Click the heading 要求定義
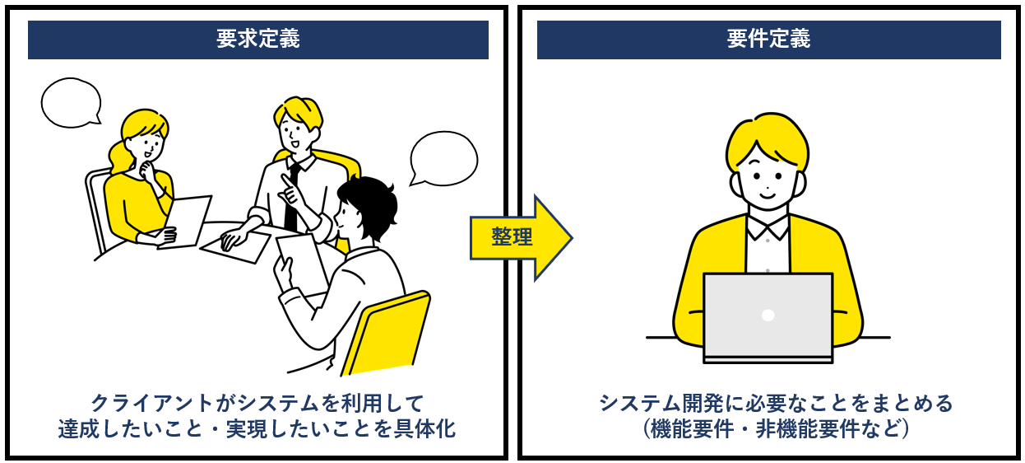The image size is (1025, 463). point(258,39)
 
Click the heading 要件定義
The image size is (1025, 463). point(768,39)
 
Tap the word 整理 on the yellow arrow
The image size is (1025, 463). point(512,237)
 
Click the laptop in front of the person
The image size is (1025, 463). point(768,318)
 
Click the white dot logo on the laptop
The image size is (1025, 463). point(768,316)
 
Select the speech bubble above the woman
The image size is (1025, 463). point(71,103)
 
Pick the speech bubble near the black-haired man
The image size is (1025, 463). point(443,159)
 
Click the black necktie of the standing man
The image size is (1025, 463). point(292,197)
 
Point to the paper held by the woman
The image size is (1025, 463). point(185,222)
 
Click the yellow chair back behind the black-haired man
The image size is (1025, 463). point(387,333)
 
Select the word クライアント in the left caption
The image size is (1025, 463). point(152,404)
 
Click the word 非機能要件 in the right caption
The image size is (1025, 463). point(807,429)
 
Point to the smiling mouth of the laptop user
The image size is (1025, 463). point(768,195)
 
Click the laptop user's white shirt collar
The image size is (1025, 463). point(768,227)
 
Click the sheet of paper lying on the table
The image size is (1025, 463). point(235,247)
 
